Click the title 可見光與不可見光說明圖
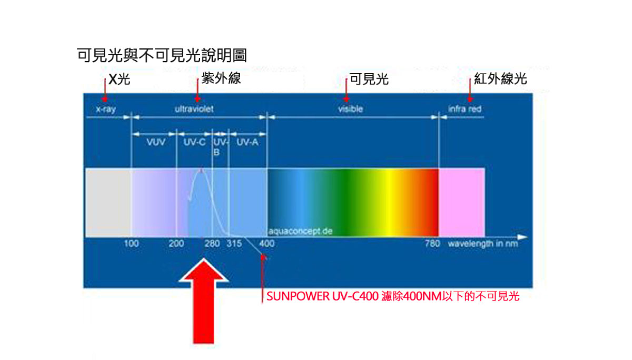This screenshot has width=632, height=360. tap(162, 55)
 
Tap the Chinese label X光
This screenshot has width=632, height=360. tap(119, 79)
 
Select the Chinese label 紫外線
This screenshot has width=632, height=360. tap(221, 78)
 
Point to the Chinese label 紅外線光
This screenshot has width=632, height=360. tap(500, 78)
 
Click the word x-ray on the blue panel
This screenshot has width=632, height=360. tap(106, 109)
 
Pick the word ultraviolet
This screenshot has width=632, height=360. tap(194, 109)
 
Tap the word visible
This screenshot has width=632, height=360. tap(350, 109)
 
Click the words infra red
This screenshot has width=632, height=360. tap(465, 109)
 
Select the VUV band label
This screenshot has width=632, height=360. tap(156, 142)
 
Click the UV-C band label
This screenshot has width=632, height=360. tap(194, 142)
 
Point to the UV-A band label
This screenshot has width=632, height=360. tap(248, 142)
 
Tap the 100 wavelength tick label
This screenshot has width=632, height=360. tap(131, 244)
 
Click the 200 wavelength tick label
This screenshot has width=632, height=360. tap(176, 244)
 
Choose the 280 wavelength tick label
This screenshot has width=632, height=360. tap(212, 244)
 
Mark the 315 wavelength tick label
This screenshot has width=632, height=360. tap(234, 244)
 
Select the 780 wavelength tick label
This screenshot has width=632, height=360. tap(432, 244)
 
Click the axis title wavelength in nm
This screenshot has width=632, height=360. tap(483, 244)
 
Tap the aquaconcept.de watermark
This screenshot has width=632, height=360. tap(301, 232)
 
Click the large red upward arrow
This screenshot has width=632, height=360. tap(203, 301)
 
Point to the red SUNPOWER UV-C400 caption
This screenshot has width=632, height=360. tap(393, 296)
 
